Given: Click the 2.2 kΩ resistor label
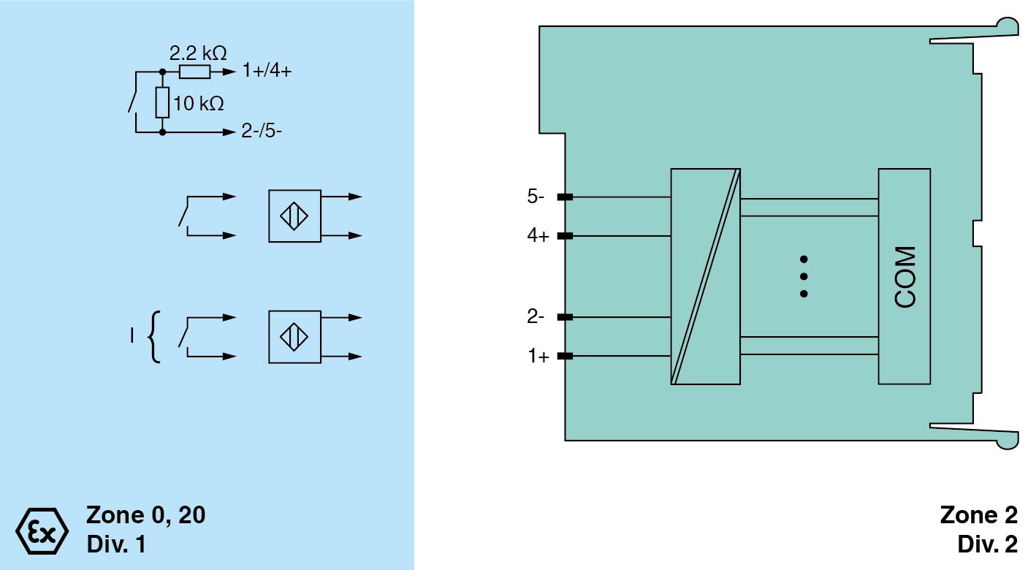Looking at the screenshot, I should pyautogui.click(x=197, y=53).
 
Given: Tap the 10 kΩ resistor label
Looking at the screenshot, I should pyautogui.click(x=199, y=104).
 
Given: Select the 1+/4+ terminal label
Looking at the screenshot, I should pyautogui.click(x=267, y=72).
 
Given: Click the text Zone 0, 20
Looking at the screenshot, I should pyautogui.click(x=146, y=515).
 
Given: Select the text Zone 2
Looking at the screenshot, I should pyautogui.click(x=978, y=515).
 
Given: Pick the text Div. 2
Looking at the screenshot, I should pyautogui.click(x=986, y=544).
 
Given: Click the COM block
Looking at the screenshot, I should pyautogui.click(x=904, y=276).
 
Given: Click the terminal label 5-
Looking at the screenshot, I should pyautogui.click(x=536, y=197).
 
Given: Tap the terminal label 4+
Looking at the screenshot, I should pyautogui.click(x=538, y=236).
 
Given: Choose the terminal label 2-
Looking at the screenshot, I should pyautogui.click(x=536, y=317).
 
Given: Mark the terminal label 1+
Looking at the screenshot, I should pyautogui.click(x=538, y=357).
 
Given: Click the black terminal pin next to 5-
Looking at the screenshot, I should pyautogui.click(x=564, y=197).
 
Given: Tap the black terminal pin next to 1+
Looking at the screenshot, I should pyautogui.click(x=564, y=357).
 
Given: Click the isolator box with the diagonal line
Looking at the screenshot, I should pyautogui.click(x=705, y=276).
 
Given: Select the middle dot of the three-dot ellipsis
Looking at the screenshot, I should pyautogui.click(x=804, y=276).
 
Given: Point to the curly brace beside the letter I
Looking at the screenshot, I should pyautogui.click(x=153, y=337).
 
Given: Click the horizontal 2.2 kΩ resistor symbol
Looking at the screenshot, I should pyautogui.click(x=195, y=72).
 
